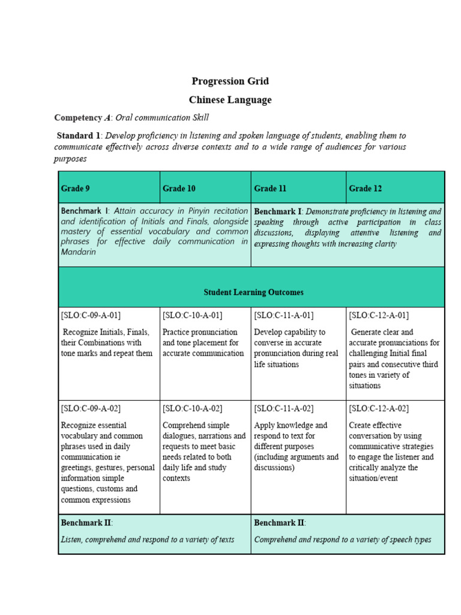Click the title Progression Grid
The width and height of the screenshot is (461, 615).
(230, 81)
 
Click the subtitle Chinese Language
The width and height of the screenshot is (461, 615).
(230, 100)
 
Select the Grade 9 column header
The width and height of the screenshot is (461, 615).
(76, 189)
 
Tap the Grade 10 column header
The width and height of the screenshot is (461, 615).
(179, 189)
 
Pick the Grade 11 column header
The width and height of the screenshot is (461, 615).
(270, 189)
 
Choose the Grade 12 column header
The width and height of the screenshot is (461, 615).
(365, 189)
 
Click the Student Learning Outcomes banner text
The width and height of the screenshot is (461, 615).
(253, 292)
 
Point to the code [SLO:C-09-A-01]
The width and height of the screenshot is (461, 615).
(91, 315)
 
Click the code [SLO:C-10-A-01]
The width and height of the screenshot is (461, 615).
(192, 315)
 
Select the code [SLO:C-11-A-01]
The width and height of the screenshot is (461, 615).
(284, 315)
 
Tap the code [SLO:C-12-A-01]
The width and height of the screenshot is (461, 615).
(379, 315)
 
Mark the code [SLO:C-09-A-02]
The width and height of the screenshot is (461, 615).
(91, 409)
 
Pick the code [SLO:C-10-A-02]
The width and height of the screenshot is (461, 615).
(192, 409)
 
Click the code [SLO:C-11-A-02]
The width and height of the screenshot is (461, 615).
(284, 409)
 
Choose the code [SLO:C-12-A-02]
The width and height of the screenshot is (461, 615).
(379, 409)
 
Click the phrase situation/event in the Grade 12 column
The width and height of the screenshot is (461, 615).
(373, 479)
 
